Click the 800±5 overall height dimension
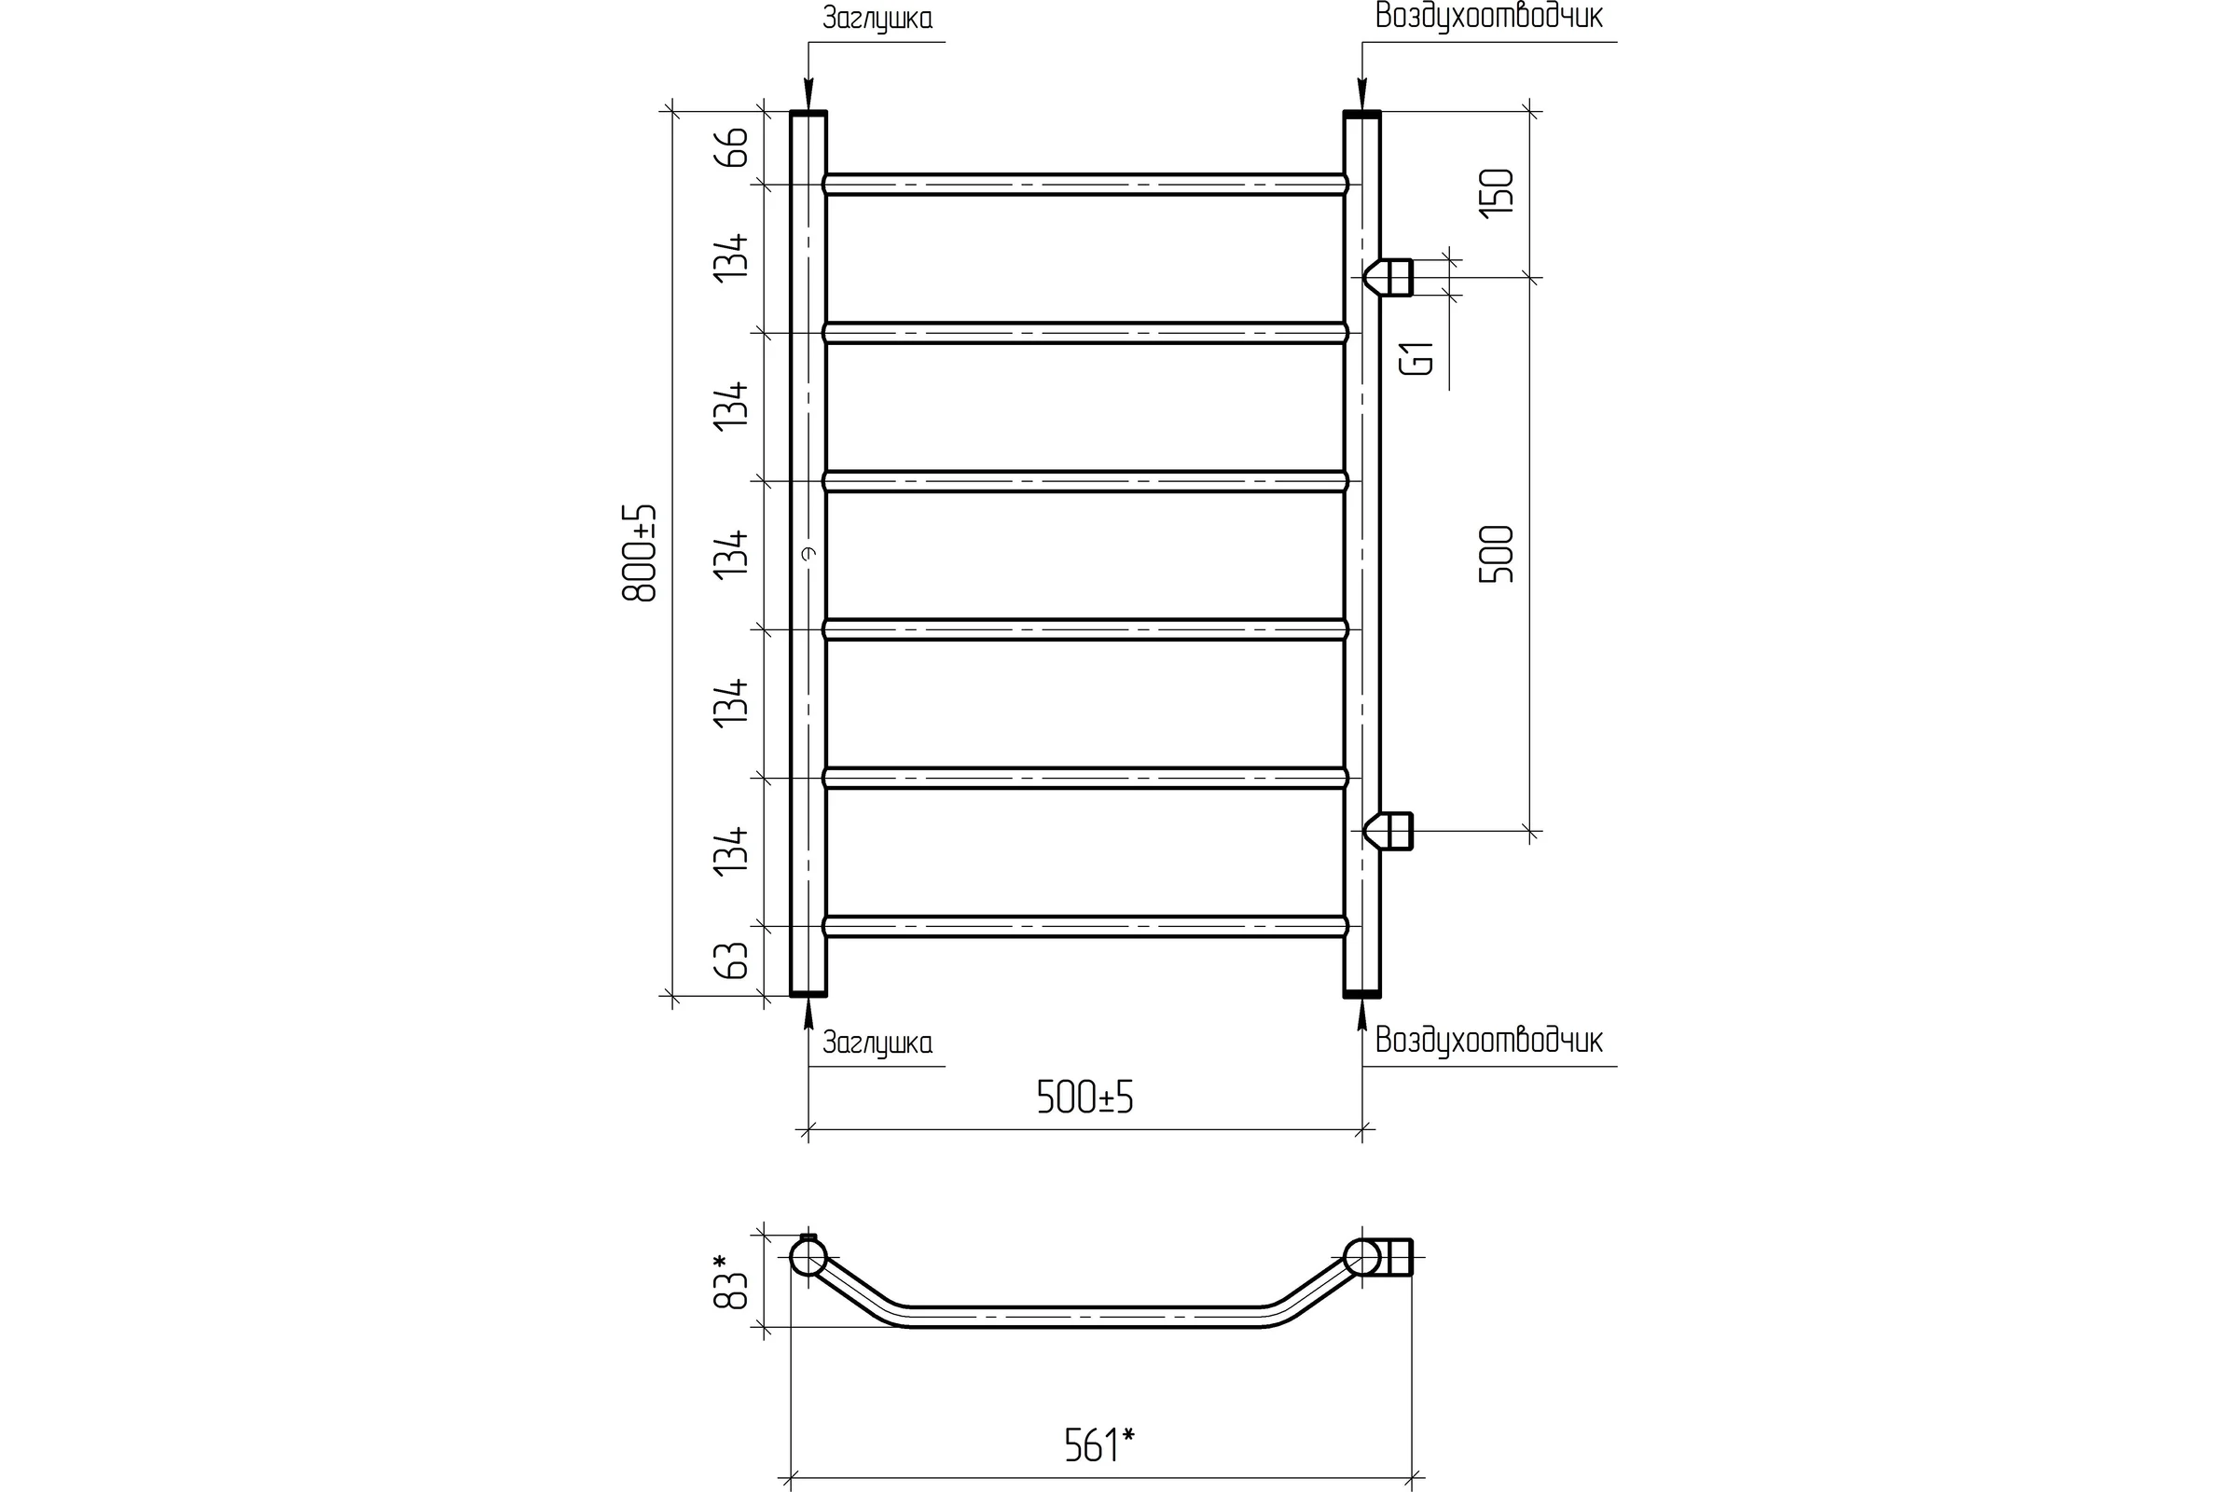640,553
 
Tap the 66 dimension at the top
732,147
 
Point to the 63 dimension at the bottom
732,961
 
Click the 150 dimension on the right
1496,193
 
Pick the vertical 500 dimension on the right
1496,554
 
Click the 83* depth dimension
732,1279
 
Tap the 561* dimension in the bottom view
1099,1446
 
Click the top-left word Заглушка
877,19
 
